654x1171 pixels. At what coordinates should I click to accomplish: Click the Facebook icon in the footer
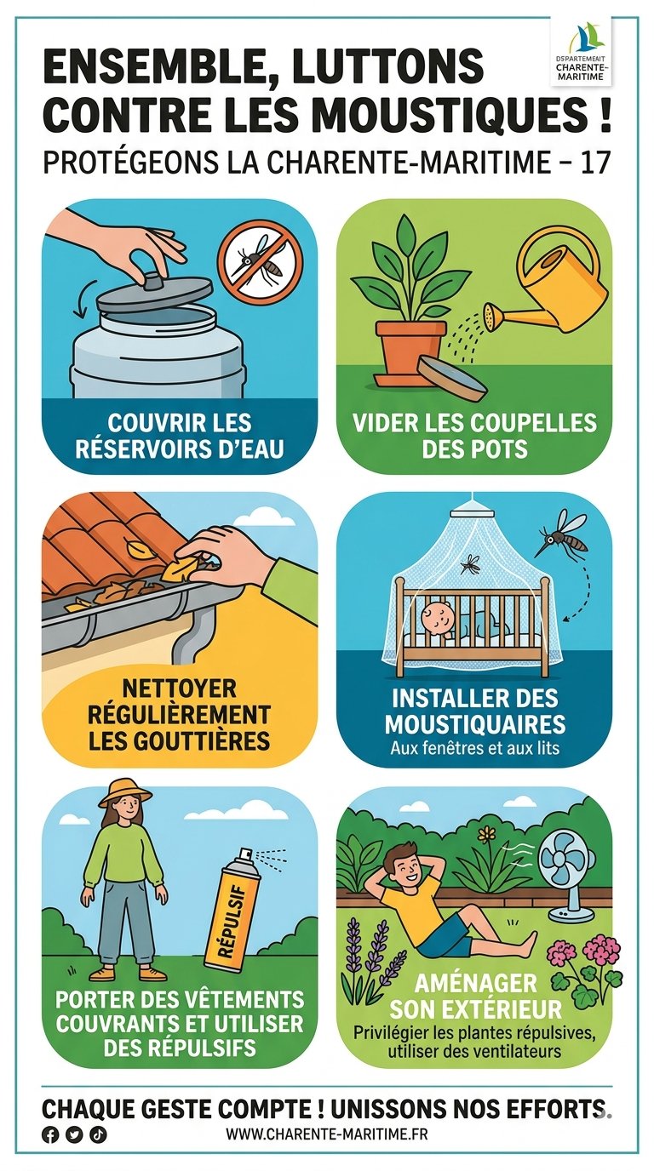[50, 1130]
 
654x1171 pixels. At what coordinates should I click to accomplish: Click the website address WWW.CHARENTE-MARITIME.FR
[327, 1130]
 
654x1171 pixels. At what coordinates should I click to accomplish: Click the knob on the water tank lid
[153, 281]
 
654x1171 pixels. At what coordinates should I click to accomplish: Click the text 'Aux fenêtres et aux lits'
[475, 748]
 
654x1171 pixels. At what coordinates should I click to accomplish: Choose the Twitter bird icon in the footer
[74, 1130]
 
